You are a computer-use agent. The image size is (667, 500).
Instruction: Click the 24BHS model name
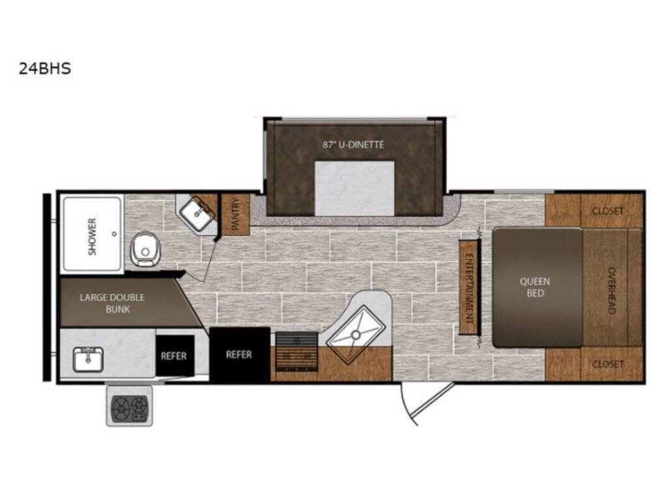[x=45, y=68]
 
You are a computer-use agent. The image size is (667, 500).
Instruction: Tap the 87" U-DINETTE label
[x=353, y=145]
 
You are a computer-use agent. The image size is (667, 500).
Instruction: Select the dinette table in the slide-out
[x=354, y=188]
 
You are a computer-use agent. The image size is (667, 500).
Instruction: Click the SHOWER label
[x=92, y=236]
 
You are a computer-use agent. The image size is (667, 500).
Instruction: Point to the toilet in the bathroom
[x=144, y=249]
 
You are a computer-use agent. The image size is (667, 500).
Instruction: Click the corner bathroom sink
[x=197, y=214]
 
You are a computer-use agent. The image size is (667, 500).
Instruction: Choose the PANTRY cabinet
[x=235, y=214]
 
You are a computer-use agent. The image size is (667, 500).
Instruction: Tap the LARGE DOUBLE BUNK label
[x=112, y=303]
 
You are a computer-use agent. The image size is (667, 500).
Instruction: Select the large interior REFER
[x=240, y=354]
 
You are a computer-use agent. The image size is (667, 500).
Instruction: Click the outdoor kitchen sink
[x=88, y=359]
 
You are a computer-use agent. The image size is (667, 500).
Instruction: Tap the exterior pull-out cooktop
[x=130, y=406]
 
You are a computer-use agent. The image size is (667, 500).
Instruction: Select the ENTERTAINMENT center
[x=469, y=286]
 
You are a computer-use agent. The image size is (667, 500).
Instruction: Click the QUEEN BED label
[x=535, y=287]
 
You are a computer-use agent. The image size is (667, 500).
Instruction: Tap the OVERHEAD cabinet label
[x=611, y=290]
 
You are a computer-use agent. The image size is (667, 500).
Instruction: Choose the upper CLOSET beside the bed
[x=594, y=210]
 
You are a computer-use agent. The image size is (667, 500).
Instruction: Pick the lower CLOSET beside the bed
[x=594, y=364]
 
